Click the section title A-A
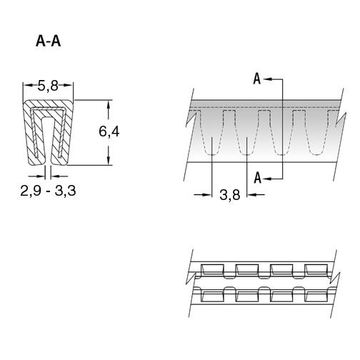click(x=49, y=41)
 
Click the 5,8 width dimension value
click(x=48, y=86)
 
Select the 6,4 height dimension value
click(x=109, y=131)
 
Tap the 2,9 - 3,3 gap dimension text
click(x=48, y=191)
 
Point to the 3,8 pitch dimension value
click(x=230, y=195)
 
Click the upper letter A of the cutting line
click(x=257, y=79)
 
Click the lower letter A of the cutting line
click(x=257, y=178)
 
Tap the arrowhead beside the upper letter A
click(x=268, y=79)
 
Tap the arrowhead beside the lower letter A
click(x=268, y=179)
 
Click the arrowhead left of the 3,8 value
click(x=207, y=195)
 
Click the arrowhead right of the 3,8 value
click(x=251, y=195)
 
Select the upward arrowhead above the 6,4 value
click(x=109, y=105)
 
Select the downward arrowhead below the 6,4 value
click(x=109, y=160)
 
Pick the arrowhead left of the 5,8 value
click(x=28, y=85)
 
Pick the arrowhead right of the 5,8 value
click(x=67, y=85)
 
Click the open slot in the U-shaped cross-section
click(x=48, y=141)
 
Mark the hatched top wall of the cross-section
click(x=48, y=104)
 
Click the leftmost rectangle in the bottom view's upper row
click(x=212, y=269)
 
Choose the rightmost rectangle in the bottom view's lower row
click(x=316, y=296)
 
